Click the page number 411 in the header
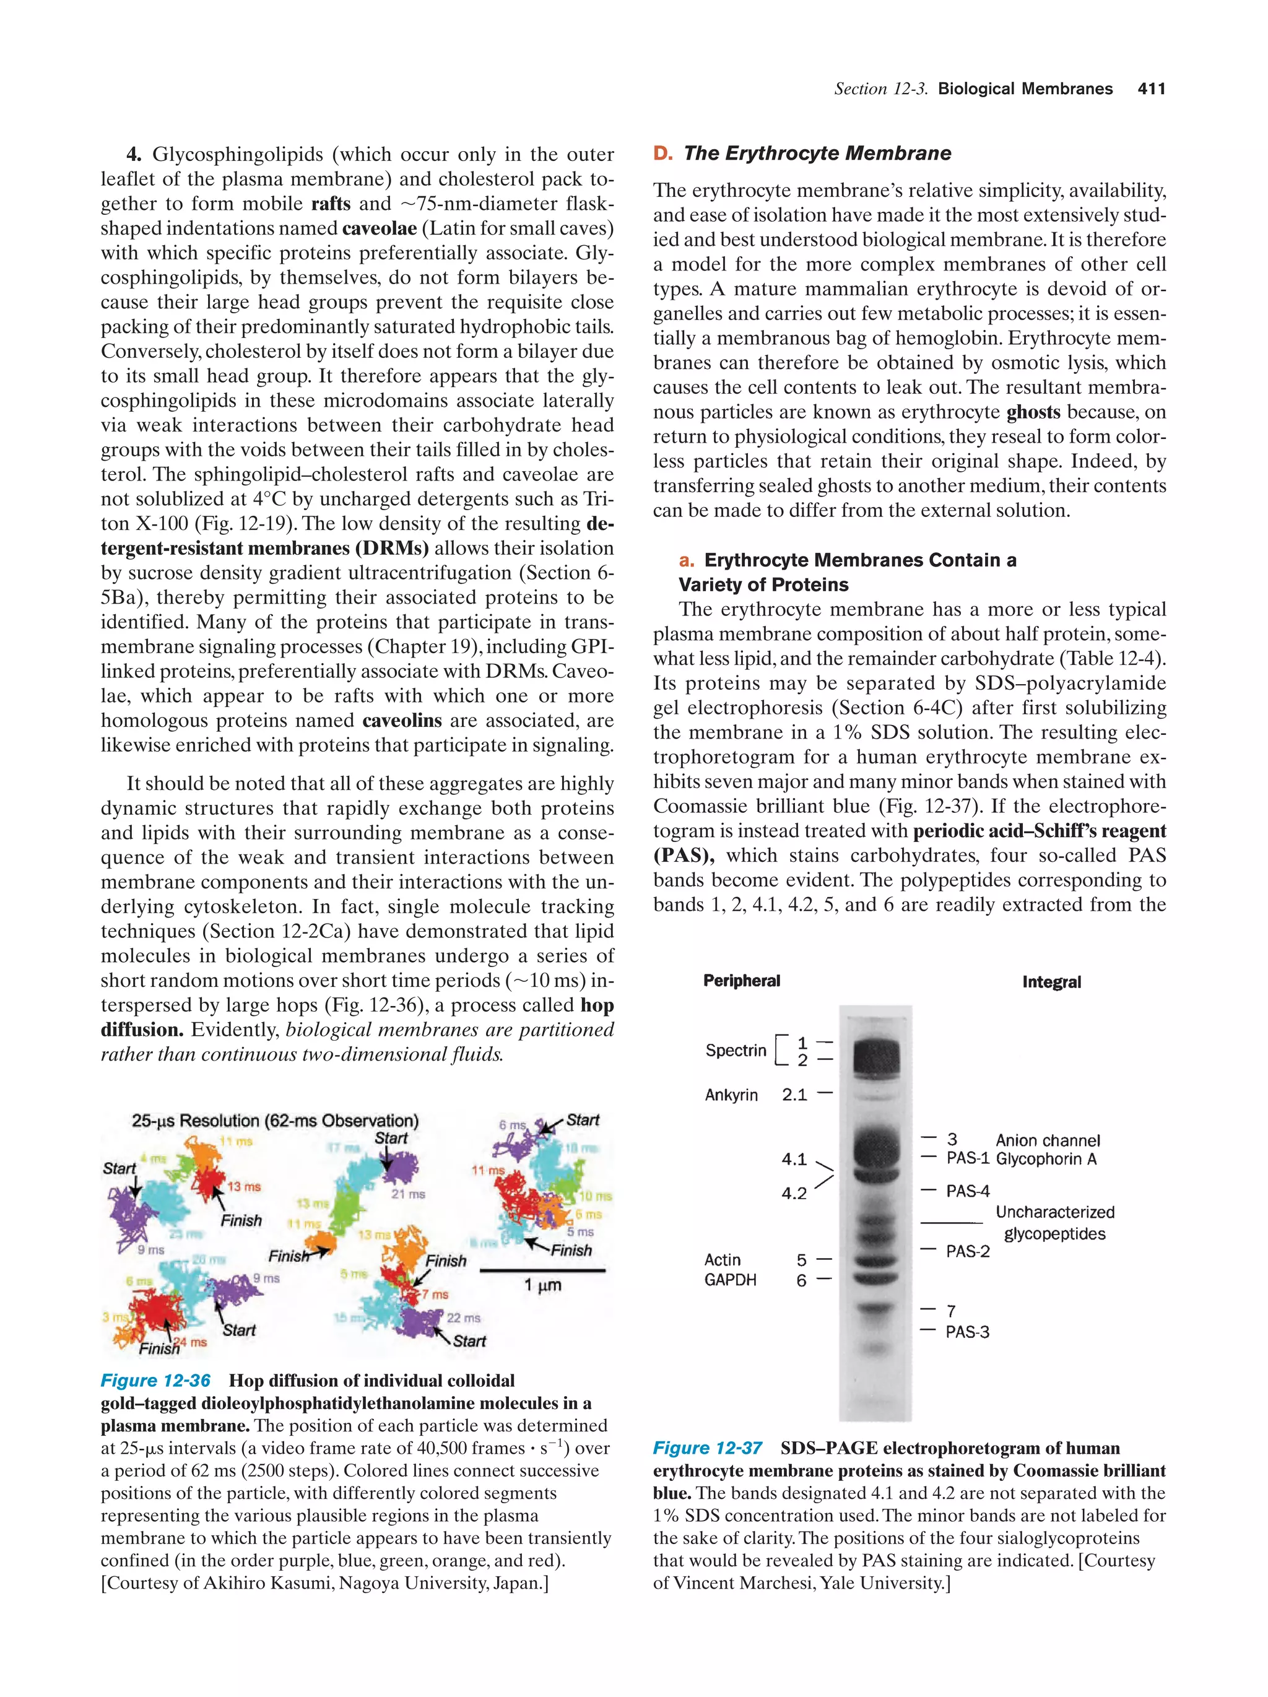[1150, 89]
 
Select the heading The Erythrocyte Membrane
[817, 154]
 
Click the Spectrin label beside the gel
[735, 1050]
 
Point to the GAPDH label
[729, 1280]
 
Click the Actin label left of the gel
[722, 1260]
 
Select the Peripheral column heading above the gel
[741, 981]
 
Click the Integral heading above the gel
[1051, 982]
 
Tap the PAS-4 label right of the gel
[967, 1191]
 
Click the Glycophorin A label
[1046, 1159]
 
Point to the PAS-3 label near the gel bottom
[966, 1332]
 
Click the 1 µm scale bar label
[542, 1285]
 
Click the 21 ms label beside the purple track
[407, 1194]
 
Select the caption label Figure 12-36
[155, 1381]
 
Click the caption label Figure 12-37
[706, 1449]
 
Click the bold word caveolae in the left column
[379, 228]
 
